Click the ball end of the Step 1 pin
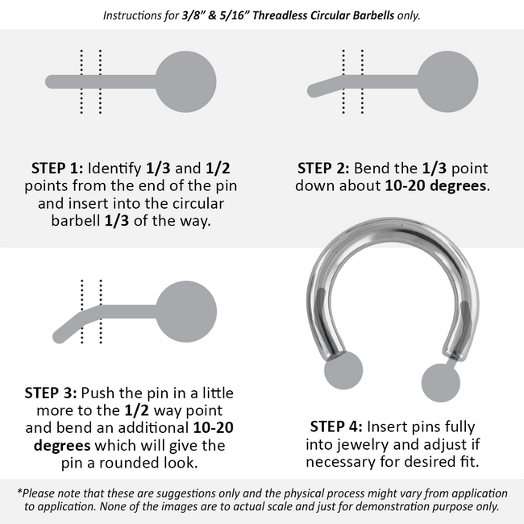(185, 81)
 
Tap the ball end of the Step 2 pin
(447, 81)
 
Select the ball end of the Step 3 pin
(186, 311)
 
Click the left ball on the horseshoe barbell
(343, 370)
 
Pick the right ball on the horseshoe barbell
(441, 383)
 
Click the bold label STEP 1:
(57, 168)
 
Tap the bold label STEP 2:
(323, 168)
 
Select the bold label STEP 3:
(51, 393)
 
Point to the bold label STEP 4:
(336, 426)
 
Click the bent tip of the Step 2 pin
(314, 91)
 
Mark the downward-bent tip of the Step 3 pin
(59, 337)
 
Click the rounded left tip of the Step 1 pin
(52, 82)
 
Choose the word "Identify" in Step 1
(114, 168)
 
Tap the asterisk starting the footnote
(19, 491)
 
